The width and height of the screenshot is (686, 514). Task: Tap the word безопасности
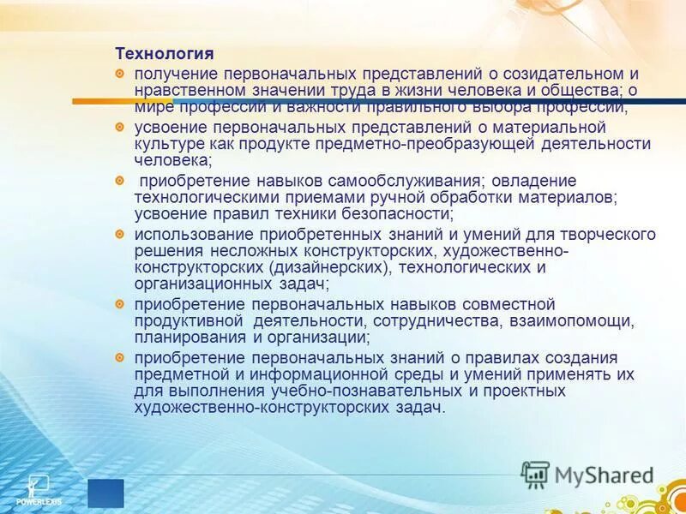tap(394, 212)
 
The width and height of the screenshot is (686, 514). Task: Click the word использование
tap(187, 234)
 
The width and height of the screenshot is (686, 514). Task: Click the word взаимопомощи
tap(574, 320)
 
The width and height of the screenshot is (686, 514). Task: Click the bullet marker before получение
tap(121, 75)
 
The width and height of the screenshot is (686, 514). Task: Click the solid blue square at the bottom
tap(105, 493)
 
